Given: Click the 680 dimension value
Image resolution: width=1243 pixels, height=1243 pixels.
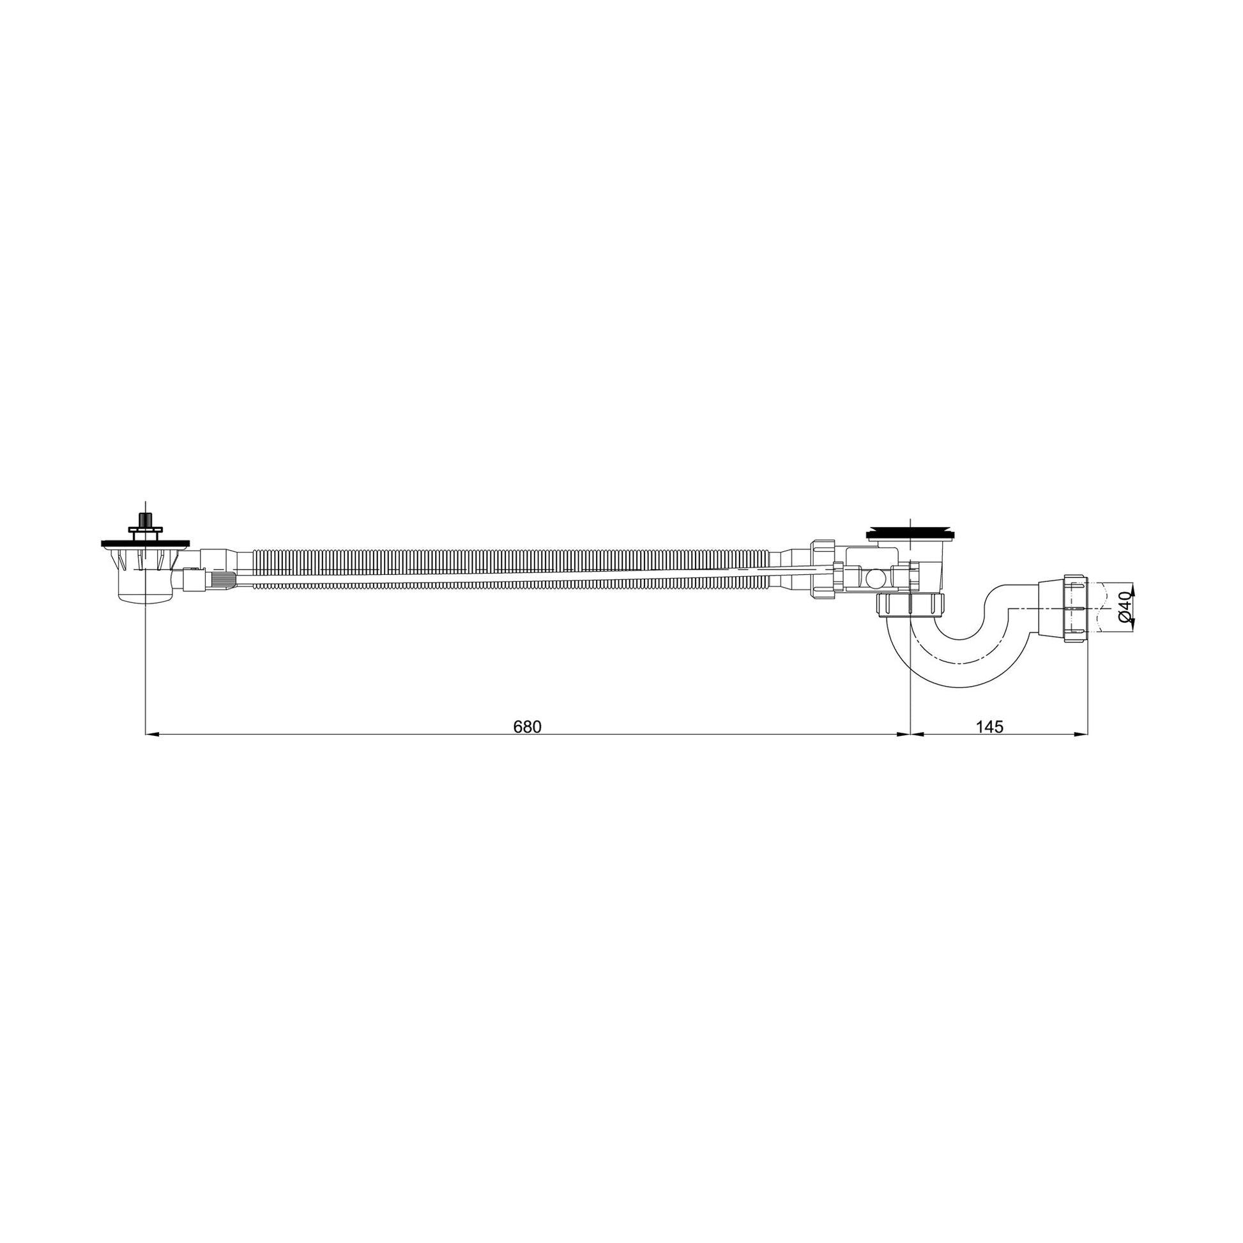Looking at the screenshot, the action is (528, 726).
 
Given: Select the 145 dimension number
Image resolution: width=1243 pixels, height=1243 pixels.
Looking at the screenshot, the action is (989, 726).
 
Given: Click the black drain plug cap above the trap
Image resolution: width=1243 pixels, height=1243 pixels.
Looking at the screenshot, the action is (910, 533).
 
